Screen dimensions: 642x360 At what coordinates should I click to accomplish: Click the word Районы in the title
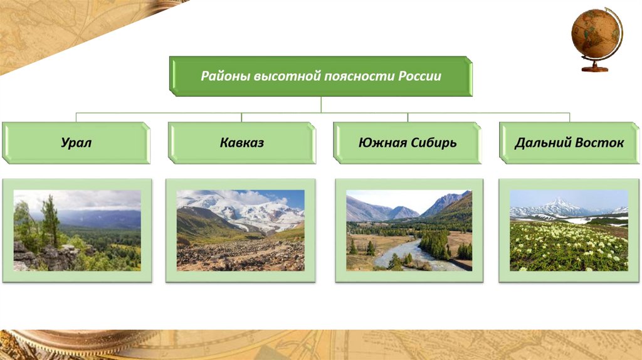point(226,76)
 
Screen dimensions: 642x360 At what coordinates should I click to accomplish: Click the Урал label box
point(76,143)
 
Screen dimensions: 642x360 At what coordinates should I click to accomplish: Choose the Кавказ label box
point(241,143)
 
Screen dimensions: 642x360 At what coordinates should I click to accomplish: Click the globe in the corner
point(597,40)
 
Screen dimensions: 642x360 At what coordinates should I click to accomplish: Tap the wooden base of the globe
point(594,68)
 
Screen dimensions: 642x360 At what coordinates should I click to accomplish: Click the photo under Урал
point(77,230)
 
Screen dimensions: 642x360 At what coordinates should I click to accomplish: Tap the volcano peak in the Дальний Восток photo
point(559,204)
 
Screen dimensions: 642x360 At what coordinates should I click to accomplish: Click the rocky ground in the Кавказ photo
point(241,255)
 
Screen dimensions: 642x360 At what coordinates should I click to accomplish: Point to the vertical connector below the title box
point(321,105)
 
